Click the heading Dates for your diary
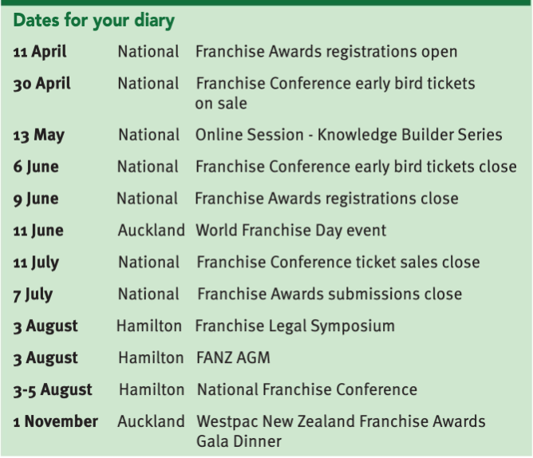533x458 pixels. point(94,21)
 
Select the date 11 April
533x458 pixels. point(40,52)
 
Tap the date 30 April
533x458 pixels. point(41,84)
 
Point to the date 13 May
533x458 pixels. point(39,136)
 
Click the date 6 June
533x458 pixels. point(36,167)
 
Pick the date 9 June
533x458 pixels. point(36,199)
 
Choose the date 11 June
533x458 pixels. point(38,231)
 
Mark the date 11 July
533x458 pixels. point(36,263)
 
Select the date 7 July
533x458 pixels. point(33,294)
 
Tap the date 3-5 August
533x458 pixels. point(53,390)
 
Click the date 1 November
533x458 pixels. point(55,421)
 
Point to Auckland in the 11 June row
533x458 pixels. point(152,230)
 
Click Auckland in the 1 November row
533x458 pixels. point(151,421)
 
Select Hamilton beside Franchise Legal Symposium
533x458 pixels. point(149,326)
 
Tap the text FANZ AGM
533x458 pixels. point(233,357)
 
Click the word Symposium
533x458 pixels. point(353,326)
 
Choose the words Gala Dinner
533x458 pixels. point(239,441)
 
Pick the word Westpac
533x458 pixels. point(227,422)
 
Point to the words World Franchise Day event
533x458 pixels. point(291,231)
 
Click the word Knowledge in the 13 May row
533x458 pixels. point(357,135)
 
